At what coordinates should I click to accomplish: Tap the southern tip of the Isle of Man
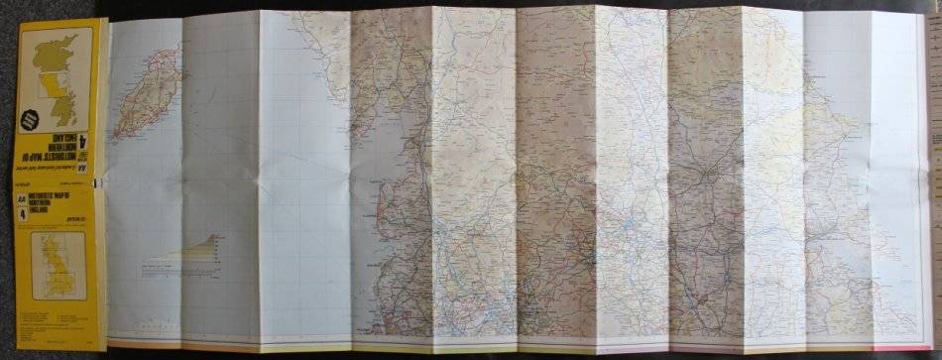(117, 134)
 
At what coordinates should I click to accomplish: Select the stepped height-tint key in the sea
(199, 248)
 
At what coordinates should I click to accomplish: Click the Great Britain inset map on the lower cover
(58, 266)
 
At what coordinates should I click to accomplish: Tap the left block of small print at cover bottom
(36, 319)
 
